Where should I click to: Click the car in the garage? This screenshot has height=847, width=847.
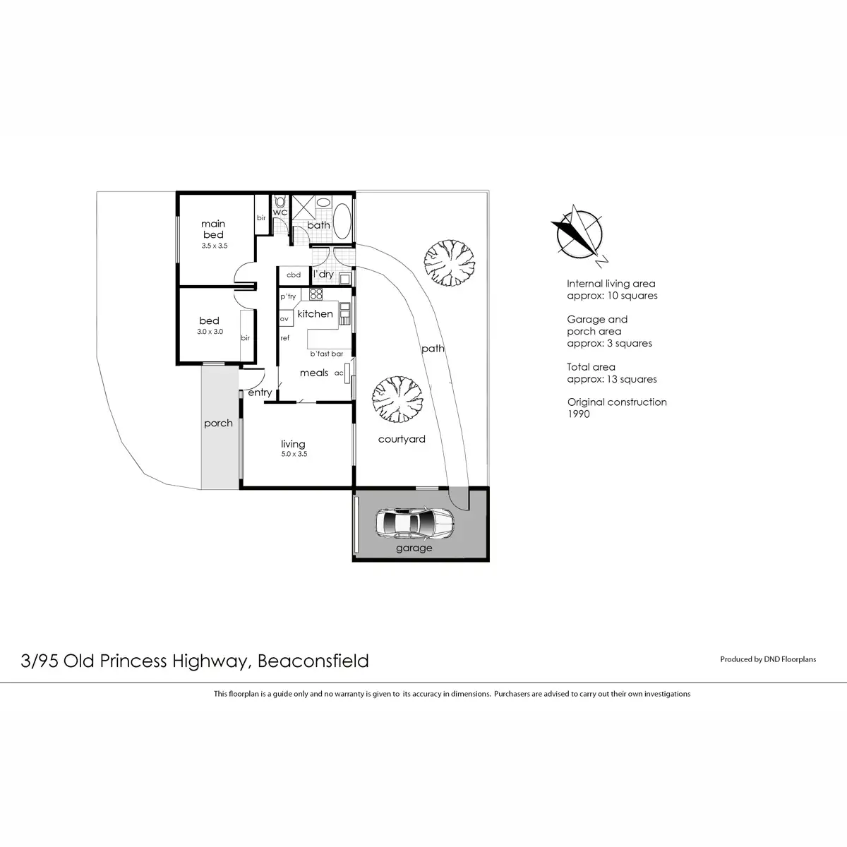coord(415,524)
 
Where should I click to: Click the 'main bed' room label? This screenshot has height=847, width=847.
coord(213,229)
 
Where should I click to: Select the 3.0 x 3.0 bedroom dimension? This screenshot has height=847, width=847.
coord(210,331)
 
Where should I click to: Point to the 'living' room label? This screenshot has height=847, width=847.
coord(293,444)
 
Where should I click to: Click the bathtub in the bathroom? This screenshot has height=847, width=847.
coord(342,222)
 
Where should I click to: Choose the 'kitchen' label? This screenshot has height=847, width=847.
coord(315,313)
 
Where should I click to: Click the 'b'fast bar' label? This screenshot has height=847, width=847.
coord(326,354)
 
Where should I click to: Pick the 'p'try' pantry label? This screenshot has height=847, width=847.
coord(288,297)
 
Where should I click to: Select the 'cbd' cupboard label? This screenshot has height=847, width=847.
coord(294,275)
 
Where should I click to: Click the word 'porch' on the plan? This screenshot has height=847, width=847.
coord(218,423)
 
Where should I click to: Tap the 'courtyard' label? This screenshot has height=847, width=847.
coord(402,439)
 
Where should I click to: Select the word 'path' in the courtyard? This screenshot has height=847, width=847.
coord(433,348)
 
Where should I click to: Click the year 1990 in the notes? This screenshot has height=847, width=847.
coord(579,414)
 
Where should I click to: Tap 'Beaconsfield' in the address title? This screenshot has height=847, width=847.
coord(313,661)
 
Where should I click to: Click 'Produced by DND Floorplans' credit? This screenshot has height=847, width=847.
coord(768,659)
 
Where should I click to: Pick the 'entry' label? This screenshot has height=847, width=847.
coord(260,392)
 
